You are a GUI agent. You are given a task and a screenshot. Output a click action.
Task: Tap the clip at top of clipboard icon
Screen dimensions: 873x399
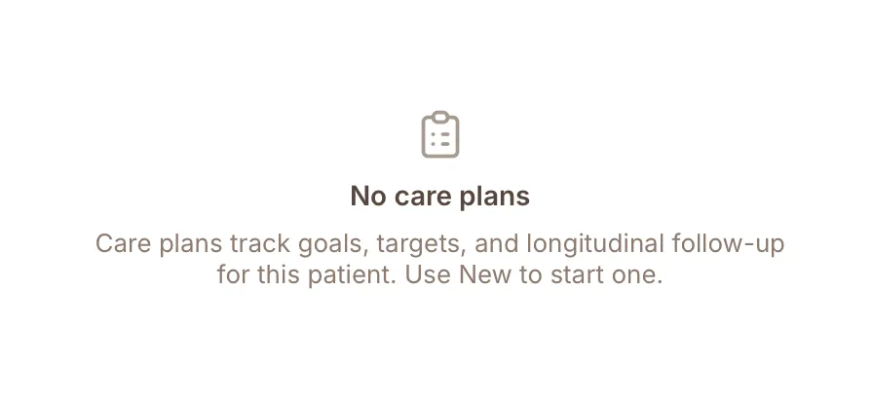tap(439, 117)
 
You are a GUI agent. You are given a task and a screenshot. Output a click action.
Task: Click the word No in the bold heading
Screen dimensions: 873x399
tap(368, 197)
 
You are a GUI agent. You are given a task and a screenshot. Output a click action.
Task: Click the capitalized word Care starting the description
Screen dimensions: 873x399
tap(123, 244)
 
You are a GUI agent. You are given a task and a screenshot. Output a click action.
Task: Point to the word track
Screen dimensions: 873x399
tap(260, 244)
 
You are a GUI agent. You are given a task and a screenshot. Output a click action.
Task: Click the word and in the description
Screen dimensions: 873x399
tap(497, 244)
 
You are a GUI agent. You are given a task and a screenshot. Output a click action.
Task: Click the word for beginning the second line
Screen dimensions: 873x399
tap(233, 274)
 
